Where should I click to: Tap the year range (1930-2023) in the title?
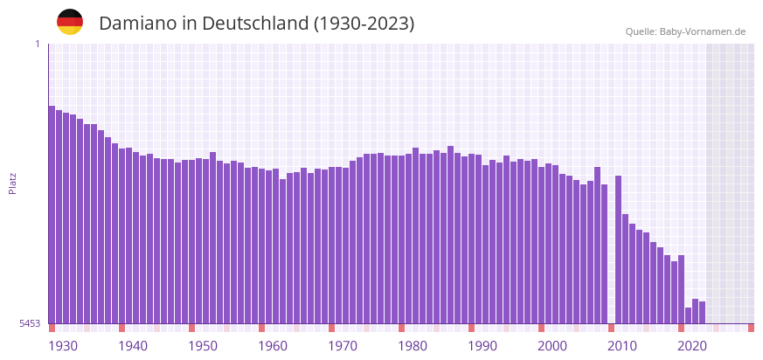364,24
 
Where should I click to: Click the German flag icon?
70,22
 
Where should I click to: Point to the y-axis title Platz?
13,183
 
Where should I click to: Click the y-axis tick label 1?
38,44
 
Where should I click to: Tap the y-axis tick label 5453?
30,323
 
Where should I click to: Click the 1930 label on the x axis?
63,346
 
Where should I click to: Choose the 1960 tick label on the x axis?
273,346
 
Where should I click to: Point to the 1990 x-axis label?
482,346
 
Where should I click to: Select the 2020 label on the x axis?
692,346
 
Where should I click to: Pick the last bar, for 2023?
702,312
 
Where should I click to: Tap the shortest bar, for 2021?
688,315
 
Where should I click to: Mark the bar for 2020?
681,289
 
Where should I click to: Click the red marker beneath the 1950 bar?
191,328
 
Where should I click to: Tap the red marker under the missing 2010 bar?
611,328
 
